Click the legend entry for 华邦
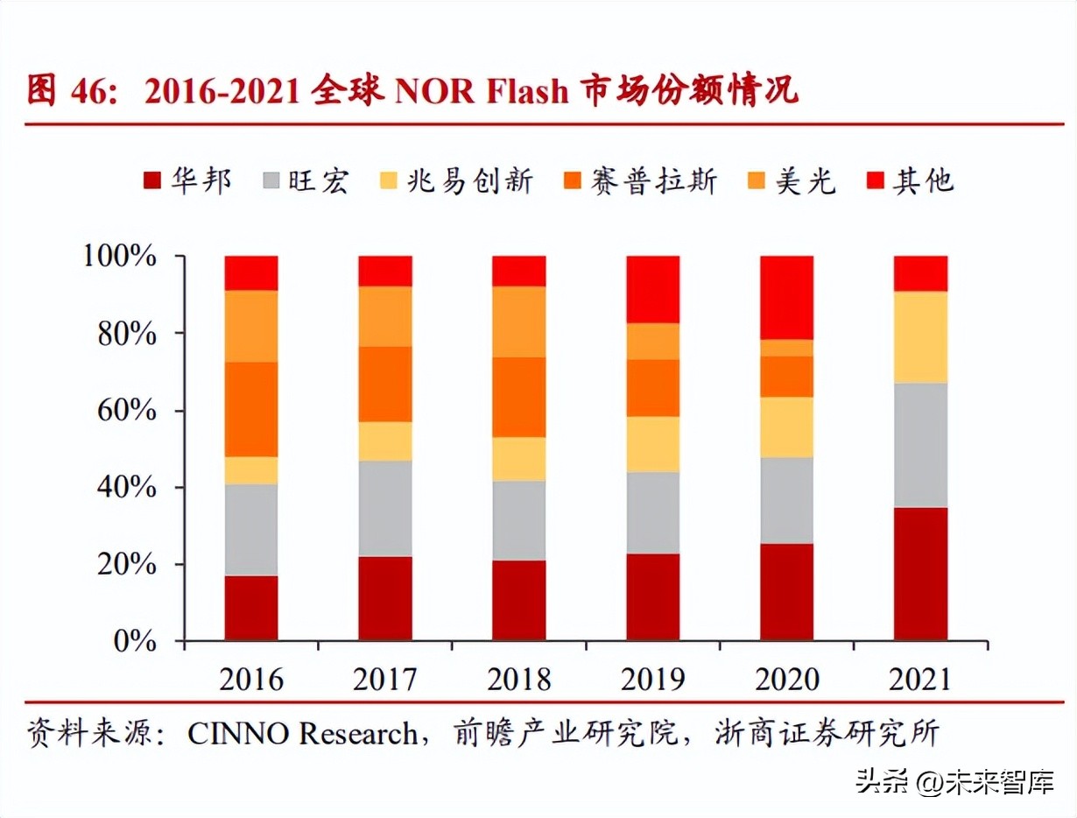[187, 181]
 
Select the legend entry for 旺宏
[306, 181]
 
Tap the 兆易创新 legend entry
[455, 181]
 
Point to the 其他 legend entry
[911, 181]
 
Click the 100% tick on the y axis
[120, 257]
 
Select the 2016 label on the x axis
[251, 679]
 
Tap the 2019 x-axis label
[652, 679]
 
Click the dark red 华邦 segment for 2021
[920, 574]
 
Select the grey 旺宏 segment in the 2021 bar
[920, 445]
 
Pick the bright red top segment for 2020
[786, 298]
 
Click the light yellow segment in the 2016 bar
[251, 470]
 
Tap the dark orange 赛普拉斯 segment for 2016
[251, 409]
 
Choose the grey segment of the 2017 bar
[385, 509]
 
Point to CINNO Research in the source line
[302, 734]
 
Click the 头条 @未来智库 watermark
[954, 782]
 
